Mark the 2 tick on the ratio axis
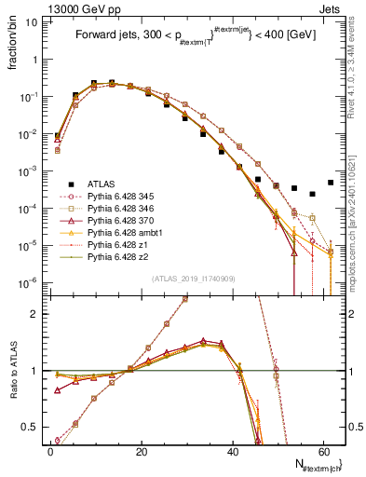[34, 314]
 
